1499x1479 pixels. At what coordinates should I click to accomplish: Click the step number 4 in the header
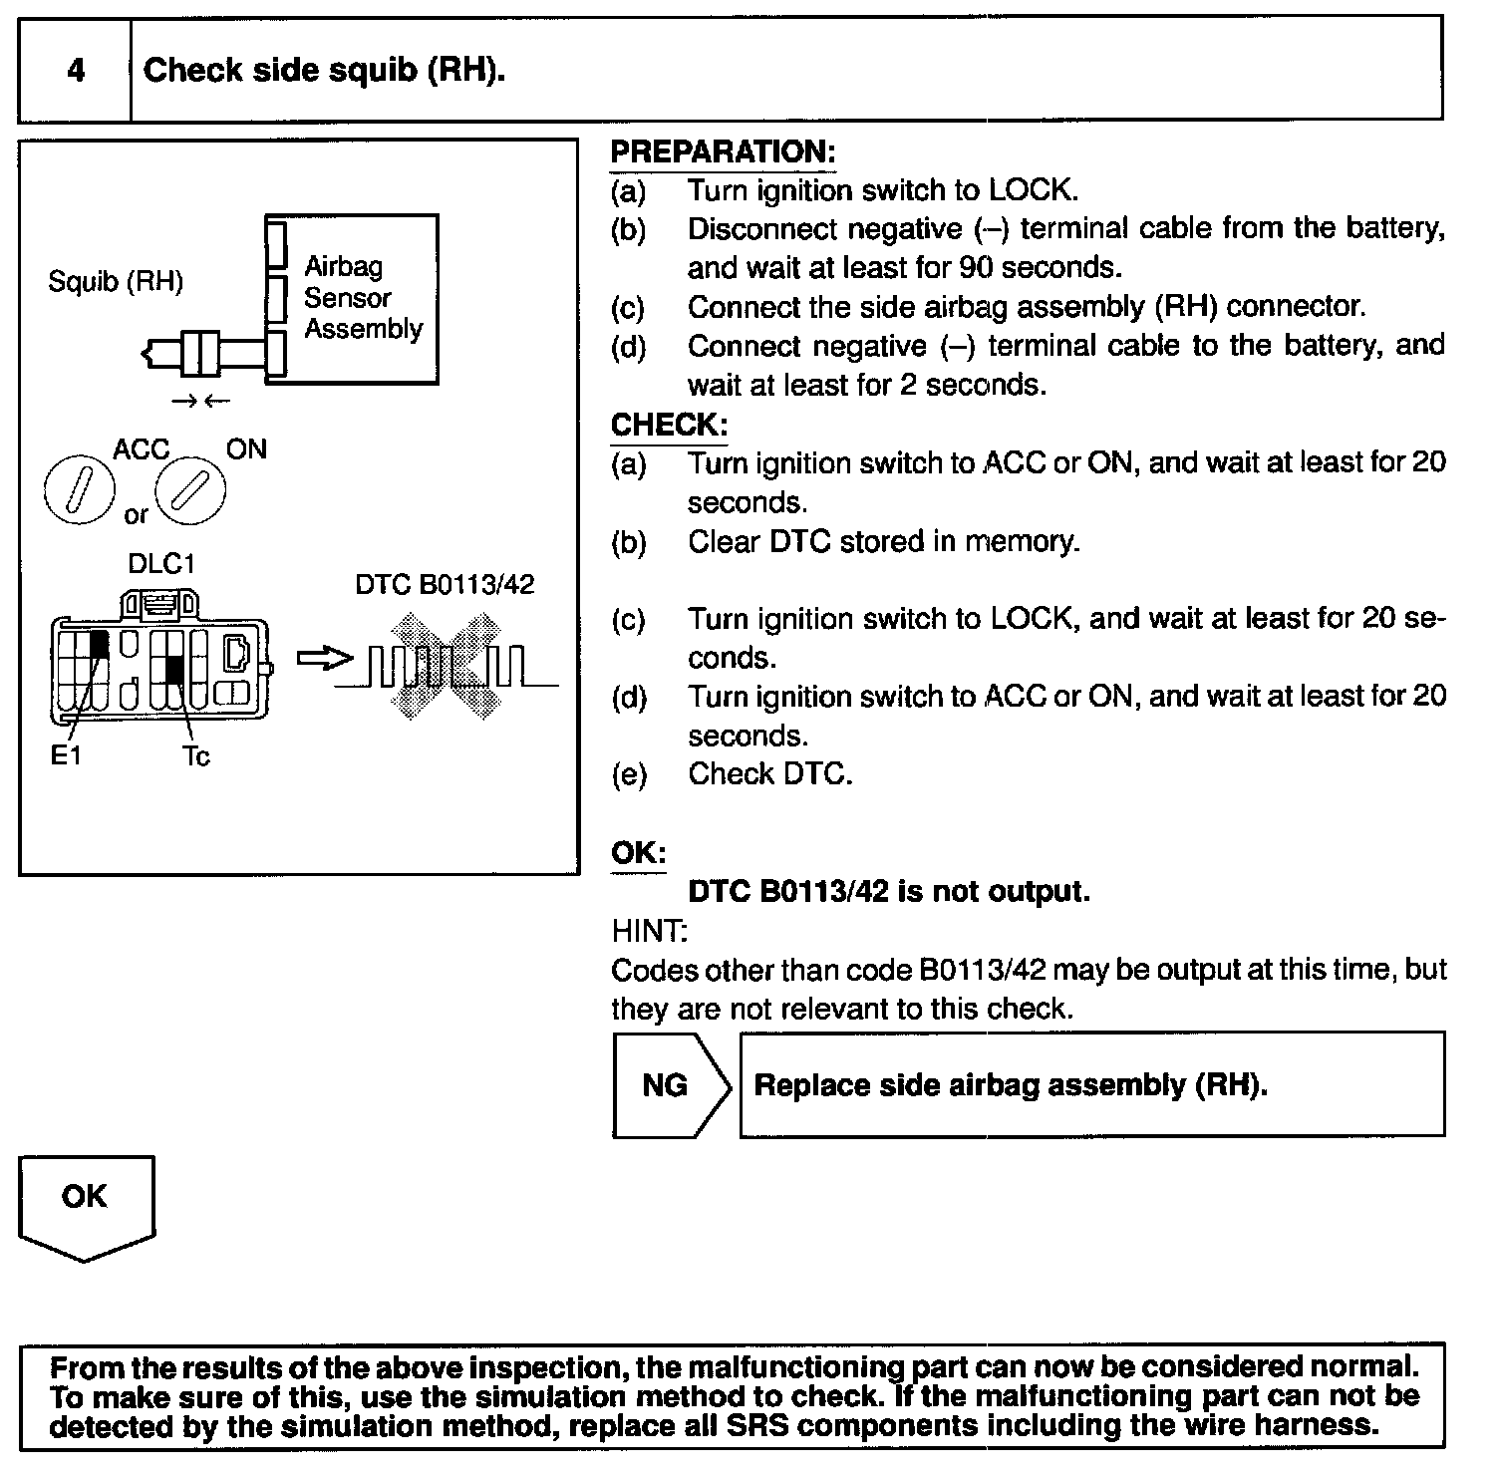(76, 70)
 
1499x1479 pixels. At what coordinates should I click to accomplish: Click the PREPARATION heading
(722, 152)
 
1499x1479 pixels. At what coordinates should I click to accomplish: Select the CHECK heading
(669, 426)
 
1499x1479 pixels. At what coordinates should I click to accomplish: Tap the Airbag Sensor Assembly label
(363, 297)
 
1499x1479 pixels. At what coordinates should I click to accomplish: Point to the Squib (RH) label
(116, 282)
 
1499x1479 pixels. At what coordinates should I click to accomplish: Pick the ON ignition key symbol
(192, 489)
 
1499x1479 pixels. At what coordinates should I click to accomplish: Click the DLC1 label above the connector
(160, 564)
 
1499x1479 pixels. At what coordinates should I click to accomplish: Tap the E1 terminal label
(66, 756)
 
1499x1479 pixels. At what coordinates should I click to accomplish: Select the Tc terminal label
(196, 757)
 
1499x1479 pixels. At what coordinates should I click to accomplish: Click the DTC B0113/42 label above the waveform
(445, 584)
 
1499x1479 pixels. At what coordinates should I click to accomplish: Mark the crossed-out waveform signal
(446, 666)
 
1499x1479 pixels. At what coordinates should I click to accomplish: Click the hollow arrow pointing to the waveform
(324, 660)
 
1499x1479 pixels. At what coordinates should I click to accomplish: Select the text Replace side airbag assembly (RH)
(1010, 1084)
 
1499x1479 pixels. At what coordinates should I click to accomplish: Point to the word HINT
(648, 931)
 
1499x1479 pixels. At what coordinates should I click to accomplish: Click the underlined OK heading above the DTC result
(638, 853)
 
